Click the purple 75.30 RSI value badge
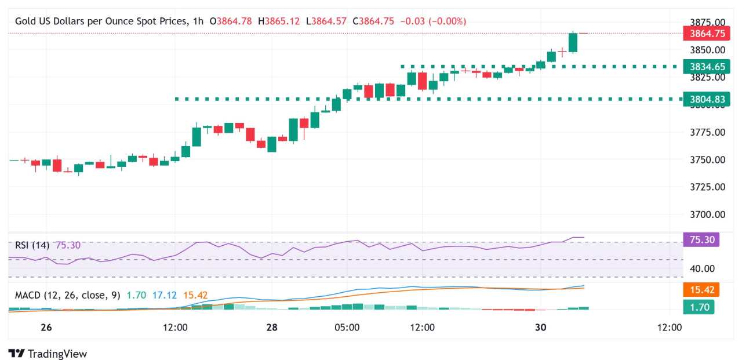[701, 240]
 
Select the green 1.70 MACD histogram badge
[699, 307]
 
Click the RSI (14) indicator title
[32, 245]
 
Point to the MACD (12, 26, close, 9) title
[68, 296]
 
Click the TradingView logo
[48, 353]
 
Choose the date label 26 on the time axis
[46, 328]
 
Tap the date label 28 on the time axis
[271, 328]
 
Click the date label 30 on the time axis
[540, 328]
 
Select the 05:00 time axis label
[347, 328]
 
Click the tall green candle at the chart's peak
[573, 42]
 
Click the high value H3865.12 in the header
[279, 21]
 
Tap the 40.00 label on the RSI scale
[701, 268]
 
